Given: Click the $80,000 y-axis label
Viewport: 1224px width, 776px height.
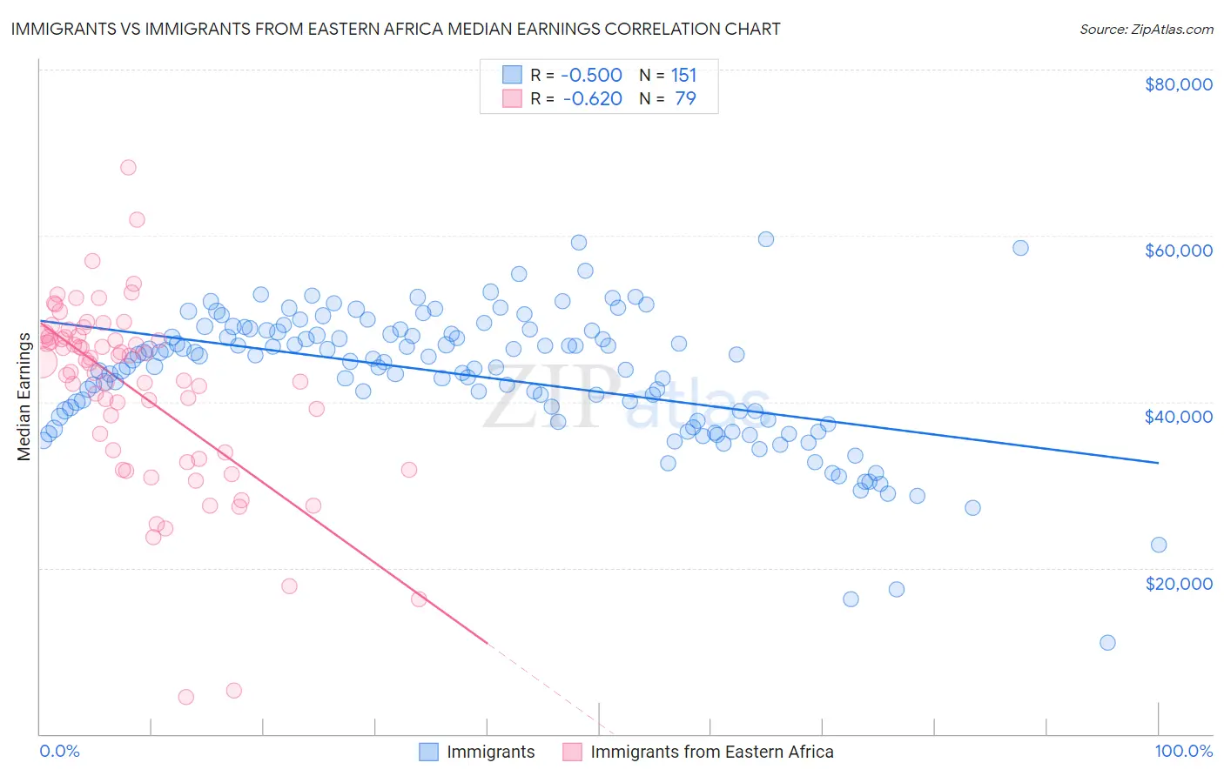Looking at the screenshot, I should pyautogui.click(x=1178, y=84).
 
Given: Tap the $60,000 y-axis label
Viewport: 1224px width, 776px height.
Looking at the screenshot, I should pyautogui.click(x=1178, y=251).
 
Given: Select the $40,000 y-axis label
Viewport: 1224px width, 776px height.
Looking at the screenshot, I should pyautogui.click(x=1178, y=417).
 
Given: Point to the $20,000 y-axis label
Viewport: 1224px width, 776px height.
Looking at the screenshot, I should pyautogui.click(x=1178, y=583).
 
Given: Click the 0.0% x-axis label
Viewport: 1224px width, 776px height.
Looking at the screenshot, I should pyautogui.click(x=59, y=751).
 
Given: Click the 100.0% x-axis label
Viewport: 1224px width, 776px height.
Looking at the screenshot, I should pyautogui.click(x=1183, y=751).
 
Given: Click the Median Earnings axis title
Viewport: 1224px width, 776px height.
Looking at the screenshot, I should pyautogui.click(x=24, y=396).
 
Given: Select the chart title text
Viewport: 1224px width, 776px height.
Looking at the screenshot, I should pyautogui.click(x=395, y=29).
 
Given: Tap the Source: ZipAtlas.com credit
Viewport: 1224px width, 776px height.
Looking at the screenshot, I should pyautogui.click(x=1146, y=29).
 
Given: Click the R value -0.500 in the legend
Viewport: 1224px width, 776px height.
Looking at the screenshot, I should pyautogui.click(x=591, y=75).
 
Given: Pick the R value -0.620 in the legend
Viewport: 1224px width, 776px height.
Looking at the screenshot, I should pyautogui.click(x=592, y=98).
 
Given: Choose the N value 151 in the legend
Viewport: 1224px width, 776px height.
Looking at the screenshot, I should pyautogui.click(x=683, y=75).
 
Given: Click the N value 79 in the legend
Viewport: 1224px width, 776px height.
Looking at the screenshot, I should pyautogui.click(x=685, y=98).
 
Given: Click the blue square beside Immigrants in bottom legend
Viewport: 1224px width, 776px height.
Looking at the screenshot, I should pyautogui.click(x=428, y=752).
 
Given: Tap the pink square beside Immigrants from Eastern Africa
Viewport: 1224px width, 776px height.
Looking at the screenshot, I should pyautogui.click(x=572, y=752).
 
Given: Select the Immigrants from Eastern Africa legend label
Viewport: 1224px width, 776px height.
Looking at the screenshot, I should pyautogui.click(x=711, y=752).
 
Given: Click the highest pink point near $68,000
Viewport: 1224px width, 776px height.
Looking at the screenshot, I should pyautogui.click(x=128, y=167).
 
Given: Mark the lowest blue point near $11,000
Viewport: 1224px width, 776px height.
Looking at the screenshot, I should pyautogui.click(x=1107, y=643).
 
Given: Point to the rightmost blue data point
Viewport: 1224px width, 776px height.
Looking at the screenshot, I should pyautogui.click(x=1159, y=545).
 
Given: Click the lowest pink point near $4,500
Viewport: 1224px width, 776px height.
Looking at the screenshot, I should pyautogui.click(x=185, y=697).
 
